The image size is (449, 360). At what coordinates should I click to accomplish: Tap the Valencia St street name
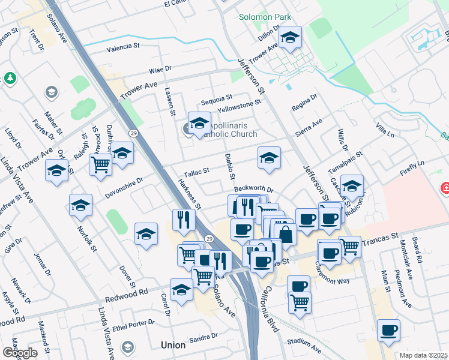pyautogui.click(x=124, y=46)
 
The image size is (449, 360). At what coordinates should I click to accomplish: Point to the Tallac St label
pyautogui.click(x=196, y=171)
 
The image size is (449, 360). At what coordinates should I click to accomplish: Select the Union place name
pyautogui.click(x=173, y=345)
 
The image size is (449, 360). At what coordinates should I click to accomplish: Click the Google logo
pyautogui.click(x=20, y=353)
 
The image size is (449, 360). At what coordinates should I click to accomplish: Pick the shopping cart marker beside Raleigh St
pyautogui.click(x=101, y=164)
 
